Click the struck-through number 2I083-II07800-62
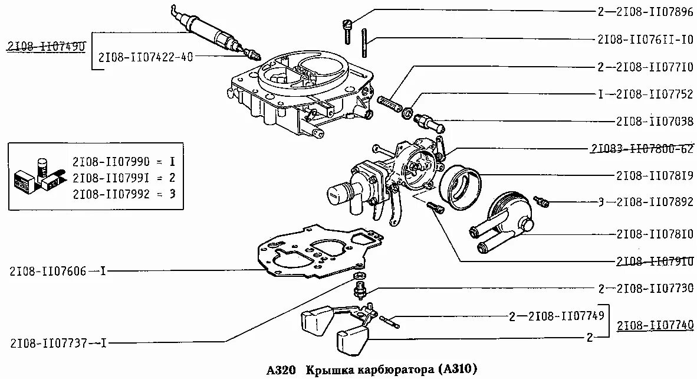pyautogui.click(x=642, y=149)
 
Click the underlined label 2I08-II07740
pyautogui.click(x=655, y=325)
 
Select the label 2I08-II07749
pyautogui.click(x=566, y=316)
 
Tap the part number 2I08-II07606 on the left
pyautogui.click(x=48, y=272)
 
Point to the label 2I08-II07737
pyautogui.click(x=48, y=342)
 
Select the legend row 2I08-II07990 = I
pyautogui.click(x=124, y=161)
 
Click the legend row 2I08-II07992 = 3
pyautogui.click(x=124, y=193)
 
